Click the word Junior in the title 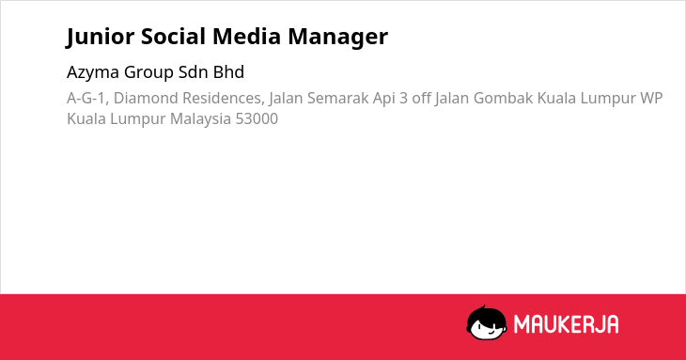pyautogui.click(x=101, y=37)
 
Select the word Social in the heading pyautogui.click(x=173, y=36)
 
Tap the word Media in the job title pyautogui.click(x=246, y=36)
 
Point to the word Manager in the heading pyautogui.click(x=337, y=38)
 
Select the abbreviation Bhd pyautogui.click(x=228, y=72)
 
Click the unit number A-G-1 pyautogui.click(x=87, y=99)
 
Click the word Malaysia pyautogui.click(x=200, y=119)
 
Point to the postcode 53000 pyautogui.click(x=257, y=119)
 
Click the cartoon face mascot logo pyautogui.click(x=487, y=322)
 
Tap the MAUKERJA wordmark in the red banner pyautogui.click(x=566, y=324)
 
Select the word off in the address pyautogui.click(x=421, y=98)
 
